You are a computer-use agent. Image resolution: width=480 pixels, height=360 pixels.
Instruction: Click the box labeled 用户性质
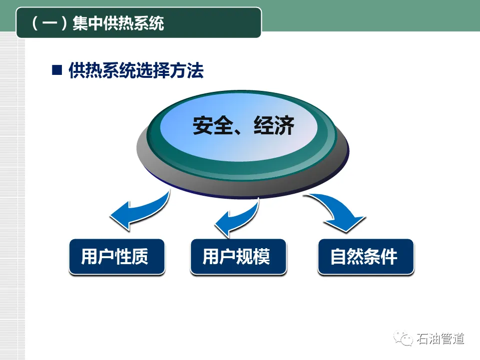(x=116, y=257)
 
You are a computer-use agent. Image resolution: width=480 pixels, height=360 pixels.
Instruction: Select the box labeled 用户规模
(x=238, y=257)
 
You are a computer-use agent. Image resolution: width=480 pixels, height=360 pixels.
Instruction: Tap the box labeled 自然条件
(x=366, y=257)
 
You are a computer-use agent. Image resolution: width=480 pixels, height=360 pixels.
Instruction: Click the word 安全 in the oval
(x=211, y=125)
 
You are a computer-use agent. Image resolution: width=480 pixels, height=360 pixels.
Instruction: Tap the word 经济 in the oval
(x=273, y=125)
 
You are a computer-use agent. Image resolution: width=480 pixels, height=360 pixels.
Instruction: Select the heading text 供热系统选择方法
(x=136, y=70)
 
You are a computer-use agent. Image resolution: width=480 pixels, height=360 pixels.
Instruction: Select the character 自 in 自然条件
(x=339, y=257)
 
